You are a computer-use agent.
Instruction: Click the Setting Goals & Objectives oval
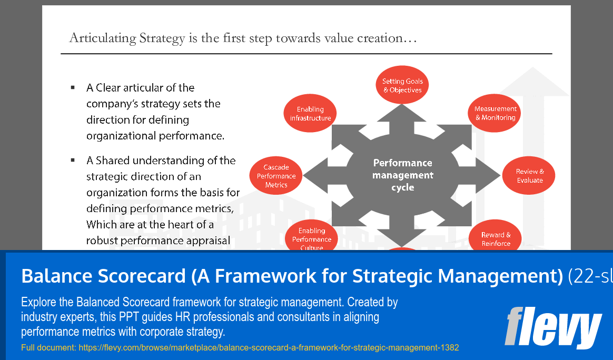(x=402, y=86)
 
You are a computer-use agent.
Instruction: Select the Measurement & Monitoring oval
(x=495, y=113)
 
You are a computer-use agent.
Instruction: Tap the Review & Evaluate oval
(x=529, y=176)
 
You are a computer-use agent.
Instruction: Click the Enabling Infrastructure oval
(x=310, y=114)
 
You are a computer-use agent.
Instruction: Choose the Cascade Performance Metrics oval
(x=276, y=176)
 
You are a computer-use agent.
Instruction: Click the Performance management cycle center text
(x=402, y=175)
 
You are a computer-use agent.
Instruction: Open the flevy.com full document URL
(x=269, y=348)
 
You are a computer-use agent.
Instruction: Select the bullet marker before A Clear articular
(x=73, y=87)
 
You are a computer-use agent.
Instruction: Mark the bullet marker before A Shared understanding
(x=73, y=160)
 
